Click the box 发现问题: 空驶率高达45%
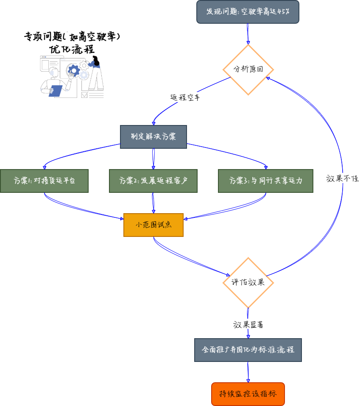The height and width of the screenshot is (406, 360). click(248, 11)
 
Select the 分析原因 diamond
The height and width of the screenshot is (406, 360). click(248, 70)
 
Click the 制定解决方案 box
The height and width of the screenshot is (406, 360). click(153, 137)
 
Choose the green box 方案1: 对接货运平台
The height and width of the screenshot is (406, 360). click(44, 181)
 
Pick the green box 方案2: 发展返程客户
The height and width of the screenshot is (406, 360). click(153, 181)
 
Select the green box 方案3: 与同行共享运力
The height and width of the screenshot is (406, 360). click(265, 181)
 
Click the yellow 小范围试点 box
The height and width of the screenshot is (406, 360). click(153, 225)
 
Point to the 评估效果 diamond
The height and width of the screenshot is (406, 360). click(248, 282)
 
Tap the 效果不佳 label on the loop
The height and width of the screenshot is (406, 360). click(342, 178)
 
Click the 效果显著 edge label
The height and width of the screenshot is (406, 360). click(248, 325)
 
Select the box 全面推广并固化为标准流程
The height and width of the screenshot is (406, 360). click(248, 350)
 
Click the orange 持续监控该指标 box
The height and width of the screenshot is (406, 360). click(248, 394)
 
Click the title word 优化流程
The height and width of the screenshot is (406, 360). click(72, 49)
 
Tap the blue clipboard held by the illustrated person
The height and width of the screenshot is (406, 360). click(56, 91)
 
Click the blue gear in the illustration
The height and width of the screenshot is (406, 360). click(74, 70)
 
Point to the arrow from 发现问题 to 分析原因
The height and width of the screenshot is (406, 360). click(248, 33)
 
